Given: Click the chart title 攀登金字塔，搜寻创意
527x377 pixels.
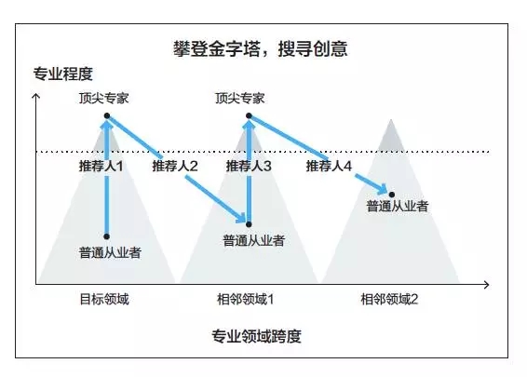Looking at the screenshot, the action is point(261,48).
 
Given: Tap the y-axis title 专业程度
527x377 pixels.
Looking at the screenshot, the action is point(63,74).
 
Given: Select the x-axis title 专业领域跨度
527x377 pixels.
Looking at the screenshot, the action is point(256,336).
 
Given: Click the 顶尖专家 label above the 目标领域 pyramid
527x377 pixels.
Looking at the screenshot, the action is point(104,98).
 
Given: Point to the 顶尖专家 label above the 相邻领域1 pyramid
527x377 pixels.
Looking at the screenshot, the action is point(240,98).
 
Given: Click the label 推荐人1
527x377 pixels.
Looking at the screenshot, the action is point(101,166).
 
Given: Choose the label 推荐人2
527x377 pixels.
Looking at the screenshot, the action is point(175,166).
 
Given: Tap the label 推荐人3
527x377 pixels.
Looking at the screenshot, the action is point(249,166).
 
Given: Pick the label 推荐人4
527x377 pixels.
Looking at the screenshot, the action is point(329,166).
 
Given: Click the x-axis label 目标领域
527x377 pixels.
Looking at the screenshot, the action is point(104,299).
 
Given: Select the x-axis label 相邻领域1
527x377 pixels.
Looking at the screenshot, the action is point(246,299).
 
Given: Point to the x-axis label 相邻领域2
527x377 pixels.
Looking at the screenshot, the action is point(389,299).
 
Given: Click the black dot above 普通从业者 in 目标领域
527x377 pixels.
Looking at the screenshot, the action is point(106,236).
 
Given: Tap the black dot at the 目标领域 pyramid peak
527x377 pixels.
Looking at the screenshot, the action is point(107,116).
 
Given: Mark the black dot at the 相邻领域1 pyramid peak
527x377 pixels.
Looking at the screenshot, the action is point(249,116).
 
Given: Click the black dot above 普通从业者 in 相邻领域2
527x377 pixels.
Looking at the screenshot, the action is point(392,195).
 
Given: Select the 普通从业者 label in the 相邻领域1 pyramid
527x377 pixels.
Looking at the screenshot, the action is point(254,240).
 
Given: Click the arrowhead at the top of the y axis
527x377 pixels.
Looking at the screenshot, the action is point(35,96).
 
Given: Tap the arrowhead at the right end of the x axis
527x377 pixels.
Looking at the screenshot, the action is point(486,285).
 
